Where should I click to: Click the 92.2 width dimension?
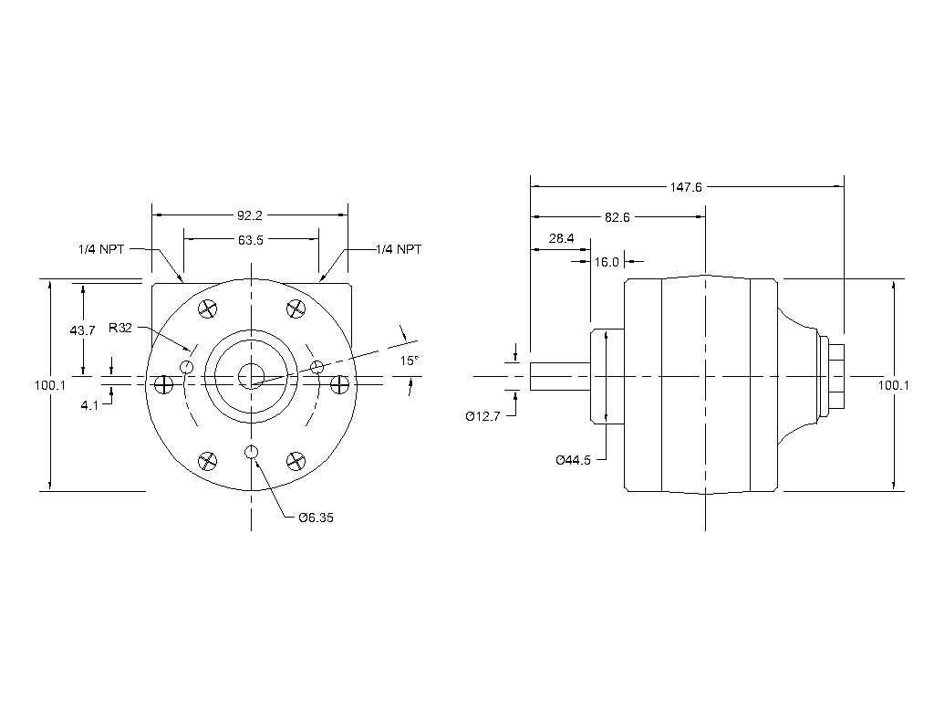250,215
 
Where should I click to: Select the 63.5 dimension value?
250,241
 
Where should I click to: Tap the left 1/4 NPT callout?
101,248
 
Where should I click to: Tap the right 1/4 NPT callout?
399,248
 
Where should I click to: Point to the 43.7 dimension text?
82,330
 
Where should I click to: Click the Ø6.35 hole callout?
316,518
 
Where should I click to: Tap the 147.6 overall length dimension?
685,187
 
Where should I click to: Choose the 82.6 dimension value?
617,217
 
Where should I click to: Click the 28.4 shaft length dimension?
561,239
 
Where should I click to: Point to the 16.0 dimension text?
607,261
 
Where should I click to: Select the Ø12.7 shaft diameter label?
483,416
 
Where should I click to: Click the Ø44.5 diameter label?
574,460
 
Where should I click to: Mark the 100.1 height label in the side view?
893,385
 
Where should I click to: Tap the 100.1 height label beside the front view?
50,385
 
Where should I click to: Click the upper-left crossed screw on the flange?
207,309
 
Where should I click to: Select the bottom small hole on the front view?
251,453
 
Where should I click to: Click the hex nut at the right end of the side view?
835,376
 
